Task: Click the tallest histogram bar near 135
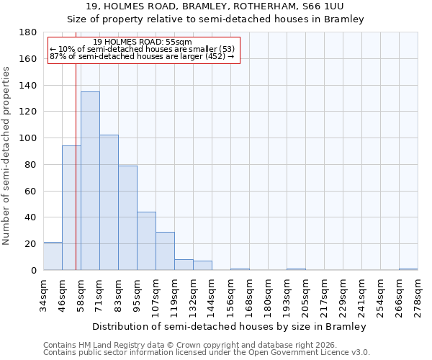[x=90, y=181]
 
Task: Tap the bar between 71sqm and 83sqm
[x=109, y=202]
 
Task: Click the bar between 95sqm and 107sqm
[x=146, y=240]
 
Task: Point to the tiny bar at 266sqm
[x=408, y=269]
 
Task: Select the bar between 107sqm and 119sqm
[x=165, y=251]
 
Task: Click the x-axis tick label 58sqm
[x=81, y=294]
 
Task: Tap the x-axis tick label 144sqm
[x=212, y=294]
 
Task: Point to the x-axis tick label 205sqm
[x=305, y=294]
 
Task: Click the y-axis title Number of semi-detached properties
[x=6, y=155]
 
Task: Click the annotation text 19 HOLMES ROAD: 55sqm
[x=143, y=42]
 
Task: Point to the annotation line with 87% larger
[x=143, y=56]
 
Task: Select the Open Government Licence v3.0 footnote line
[x=207, y=352]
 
